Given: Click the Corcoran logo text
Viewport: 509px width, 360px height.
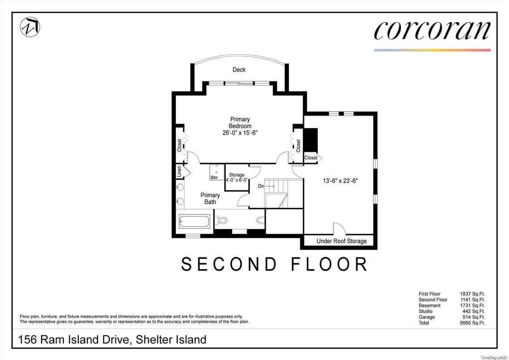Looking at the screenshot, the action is pos(432,30).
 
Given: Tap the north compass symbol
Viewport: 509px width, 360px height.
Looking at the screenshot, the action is pos(30,26).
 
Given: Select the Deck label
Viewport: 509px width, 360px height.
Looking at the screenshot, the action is pos(239,70).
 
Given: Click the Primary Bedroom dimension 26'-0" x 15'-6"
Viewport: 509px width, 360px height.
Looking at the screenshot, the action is pos(240,133).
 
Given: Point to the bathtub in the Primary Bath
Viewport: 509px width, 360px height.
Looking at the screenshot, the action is pos(194,221).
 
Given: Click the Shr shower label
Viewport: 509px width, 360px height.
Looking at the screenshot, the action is pos(214,178).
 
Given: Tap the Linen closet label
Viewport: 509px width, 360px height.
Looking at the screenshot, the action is pos(179,172).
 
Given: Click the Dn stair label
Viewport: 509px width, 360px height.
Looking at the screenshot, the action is pos(261,186).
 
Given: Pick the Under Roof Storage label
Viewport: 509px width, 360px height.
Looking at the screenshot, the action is pos(342,241).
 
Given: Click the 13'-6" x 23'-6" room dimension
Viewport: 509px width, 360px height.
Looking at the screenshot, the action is pos(340,181).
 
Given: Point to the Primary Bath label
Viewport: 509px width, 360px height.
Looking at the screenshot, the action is pos(210,198).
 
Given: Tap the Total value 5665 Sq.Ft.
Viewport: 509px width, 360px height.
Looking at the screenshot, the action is pos(473,323).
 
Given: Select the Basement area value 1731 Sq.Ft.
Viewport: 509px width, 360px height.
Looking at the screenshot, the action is pos(473,305).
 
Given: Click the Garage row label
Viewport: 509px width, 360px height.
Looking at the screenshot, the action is pos(427,317).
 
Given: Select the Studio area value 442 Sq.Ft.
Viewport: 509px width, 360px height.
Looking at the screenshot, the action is pos(474,311).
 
